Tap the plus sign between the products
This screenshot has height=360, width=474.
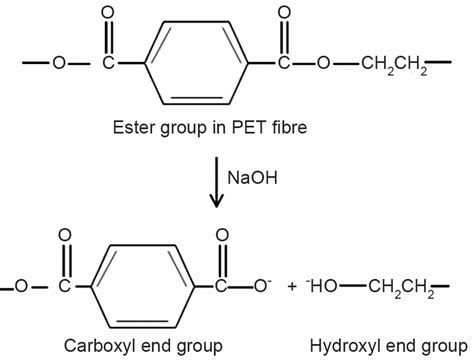click(291, 287)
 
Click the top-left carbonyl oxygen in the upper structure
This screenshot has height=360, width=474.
click(108, 15)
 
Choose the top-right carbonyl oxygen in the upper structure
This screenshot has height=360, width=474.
click(284, 15)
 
